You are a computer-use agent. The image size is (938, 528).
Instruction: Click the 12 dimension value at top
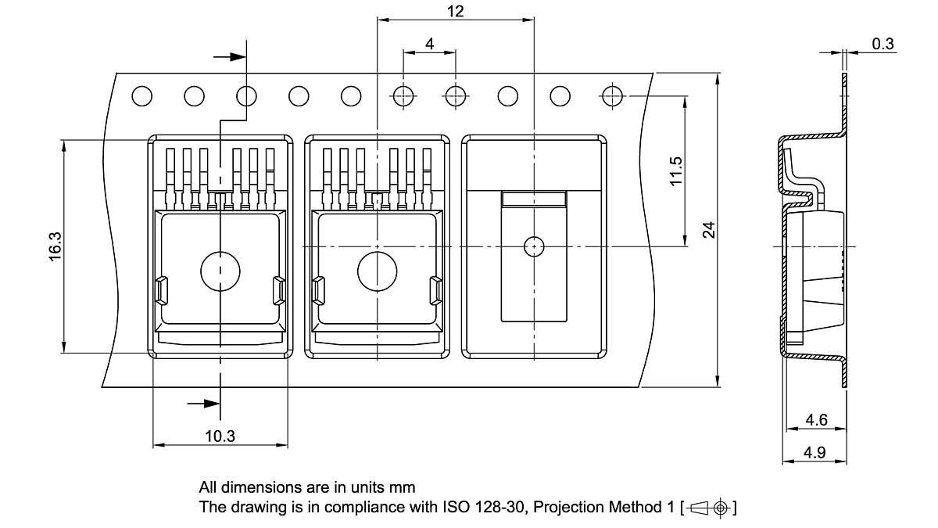pyautogui.click(x=456, y=11)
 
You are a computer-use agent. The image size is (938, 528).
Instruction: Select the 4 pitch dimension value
pyautogui.click(x=430, y=44)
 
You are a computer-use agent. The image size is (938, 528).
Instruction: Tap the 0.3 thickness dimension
pyautogui.click(x=883, y=44)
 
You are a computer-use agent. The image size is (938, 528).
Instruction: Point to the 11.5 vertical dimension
pyautogui.click(x=676, y=171)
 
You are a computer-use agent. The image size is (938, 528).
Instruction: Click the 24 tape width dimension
pyautogui.click(x=708, y=229)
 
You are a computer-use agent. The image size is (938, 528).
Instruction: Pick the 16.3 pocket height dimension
pyautogui.click(x=55, y=246)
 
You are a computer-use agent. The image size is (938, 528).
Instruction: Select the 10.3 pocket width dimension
pyautogui.click(x=220, y=436)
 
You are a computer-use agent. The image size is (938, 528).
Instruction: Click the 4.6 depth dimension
pyautogui.click(x=816, y=420)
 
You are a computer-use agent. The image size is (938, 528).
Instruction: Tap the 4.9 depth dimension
pyautogui.click(x=816, y=452)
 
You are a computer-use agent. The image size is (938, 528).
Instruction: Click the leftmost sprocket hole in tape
pyautogui.click(x=141, y=96)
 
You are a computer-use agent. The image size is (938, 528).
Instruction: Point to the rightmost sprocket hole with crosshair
pyautogui.click(x=612, y=96)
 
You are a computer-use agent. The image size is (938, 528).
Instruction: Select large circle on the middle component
pyautogui.click(x=377, y=271)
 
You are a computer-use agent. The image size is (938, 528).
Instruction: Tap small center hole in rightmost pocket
pyautogui.click(x=533, y=246)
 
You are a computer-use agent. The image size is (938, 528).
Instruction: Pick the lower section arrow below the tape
pyautogui.click(x=205, y=404)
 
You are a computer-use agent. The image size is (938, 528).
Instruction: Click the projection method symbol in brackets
pyautogui.click(x=710, y=507)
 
